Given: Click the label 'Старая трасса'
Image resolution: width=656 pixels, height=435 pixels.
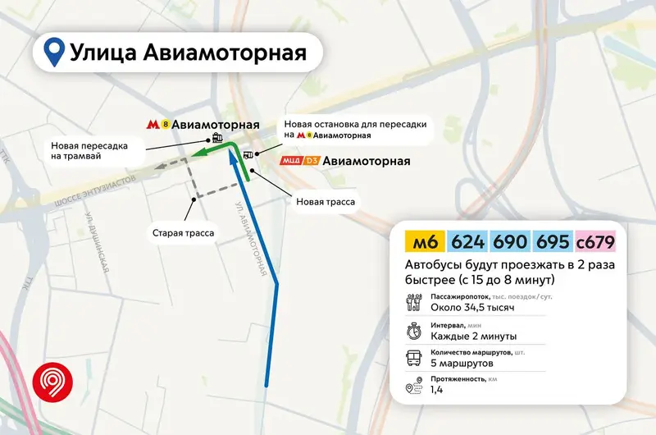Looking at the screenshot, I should coord(183,233).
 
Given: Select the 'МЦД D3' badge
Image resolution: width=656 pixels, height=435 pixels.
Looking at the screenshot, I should coord(298,161).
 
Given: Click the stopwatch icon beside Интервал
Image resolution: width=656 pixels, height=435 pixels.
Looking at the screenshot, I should coord(413,332).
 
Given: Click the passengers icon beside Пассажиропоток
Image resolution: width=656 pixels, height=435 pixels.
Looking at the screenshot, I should coord(413,302).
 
